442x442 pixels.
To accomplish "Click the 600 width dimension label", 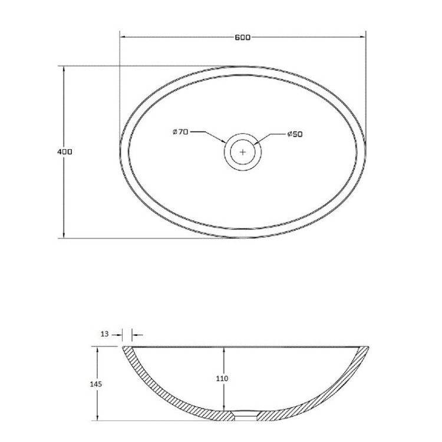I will [x=242, y=38].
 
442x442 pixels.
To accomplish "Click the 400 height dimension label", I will [x=64, y=151].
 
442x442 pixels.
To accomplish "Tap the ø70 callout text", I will [x=180, y=132].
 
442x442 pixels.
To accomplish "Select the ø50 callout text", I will [x=295, y=134].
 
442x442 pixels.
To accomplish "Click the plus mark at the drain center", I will [x=243, y=151].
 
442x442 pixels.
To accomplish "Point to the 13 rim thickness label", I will [x=105, y=334].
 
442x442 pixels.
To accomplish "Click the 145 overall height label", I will [x=97, y=384].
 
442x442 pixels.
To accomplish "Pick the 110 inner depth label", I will [x=223, y=378].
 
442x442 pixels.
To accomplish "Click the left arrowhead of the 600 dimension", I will [x=123, y=38].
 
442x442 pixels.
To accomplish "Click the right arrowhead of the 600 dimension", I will [x=362, y=38].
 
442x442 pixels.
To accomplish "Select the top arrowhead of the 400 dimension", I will [x=64, y=68].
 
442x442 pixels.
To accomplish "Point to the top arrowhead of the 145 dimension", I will [x=97, y=349].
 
